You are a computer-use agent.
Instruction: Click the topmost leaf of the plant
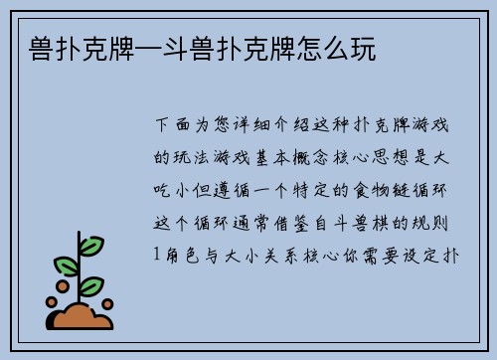click(90, 245)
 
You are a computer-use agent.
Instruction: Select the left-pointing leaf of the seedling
click(66, 266)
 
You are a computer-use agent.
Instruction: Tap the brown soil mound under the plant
click(83, 316)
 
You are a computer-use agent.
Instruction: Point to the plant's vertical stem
click(81, 283)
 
